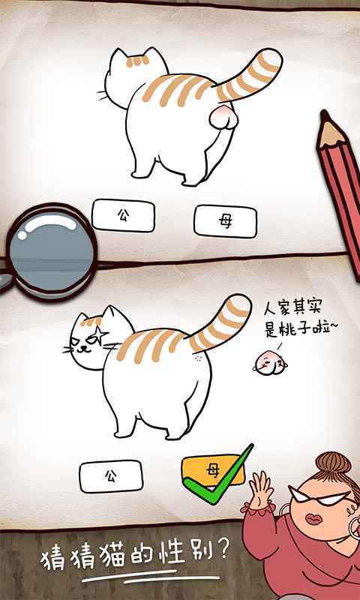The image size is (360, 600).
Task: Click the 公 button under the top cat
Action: pos(123,215)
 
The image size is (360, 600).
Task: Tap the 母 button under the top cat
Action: pos(225,221)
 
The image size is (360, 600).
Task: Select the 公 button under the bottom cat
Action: pos(111,476)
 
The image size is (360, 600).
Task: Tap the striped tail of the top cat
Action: pos(251,75)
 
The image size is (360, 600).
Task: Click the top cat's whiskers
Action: pos(100,96)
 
